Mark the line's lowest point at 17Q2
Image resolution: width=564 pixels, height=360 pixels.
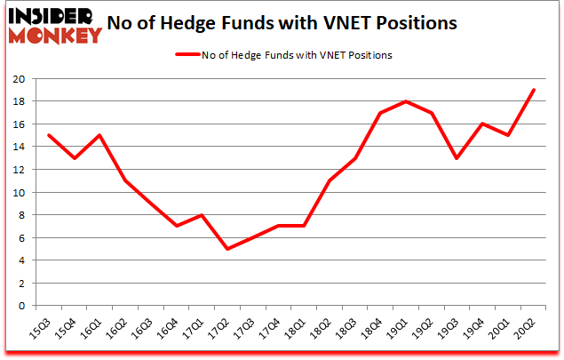pos(227,249)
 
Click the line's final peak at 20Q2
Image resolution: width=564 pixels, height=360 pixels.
pos(533,90)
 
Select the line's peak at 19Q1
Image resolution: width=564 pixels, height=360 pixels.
pos(406,101)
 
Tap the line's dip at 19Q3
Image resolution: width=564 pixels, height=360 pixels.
pos(457,158)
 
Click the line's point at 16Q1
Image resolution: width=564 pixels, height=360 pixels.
pos(99,135)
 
